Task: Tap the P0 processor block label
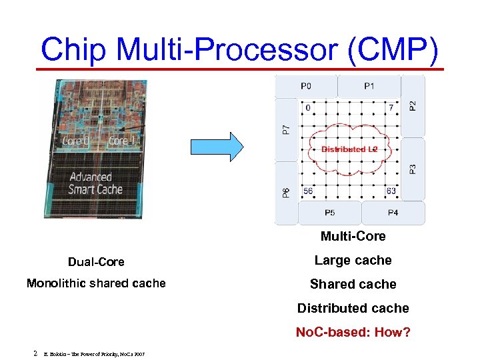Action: [305, 86]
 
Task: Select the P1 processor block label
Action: [369, 86]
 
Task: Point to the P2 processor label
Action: [413, 105]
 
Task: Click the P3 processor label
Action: [413, 169]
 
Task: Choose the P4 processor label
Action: [393, 213]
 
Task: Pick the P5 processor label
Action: [329, 213]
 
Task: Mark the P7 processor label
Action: [286, 129]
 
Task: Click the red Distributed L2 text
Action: [349, 149]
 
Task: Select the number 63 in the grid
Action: [391, 191]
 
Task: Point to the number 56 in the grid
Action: [308, 191]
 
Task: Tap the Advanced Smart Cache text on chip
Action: [95, 183]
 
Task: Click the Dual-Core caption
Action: [96, 261]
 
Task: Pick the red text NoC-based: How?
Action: [353, 332]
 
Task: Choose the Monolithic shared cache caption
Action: [96, 283]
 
